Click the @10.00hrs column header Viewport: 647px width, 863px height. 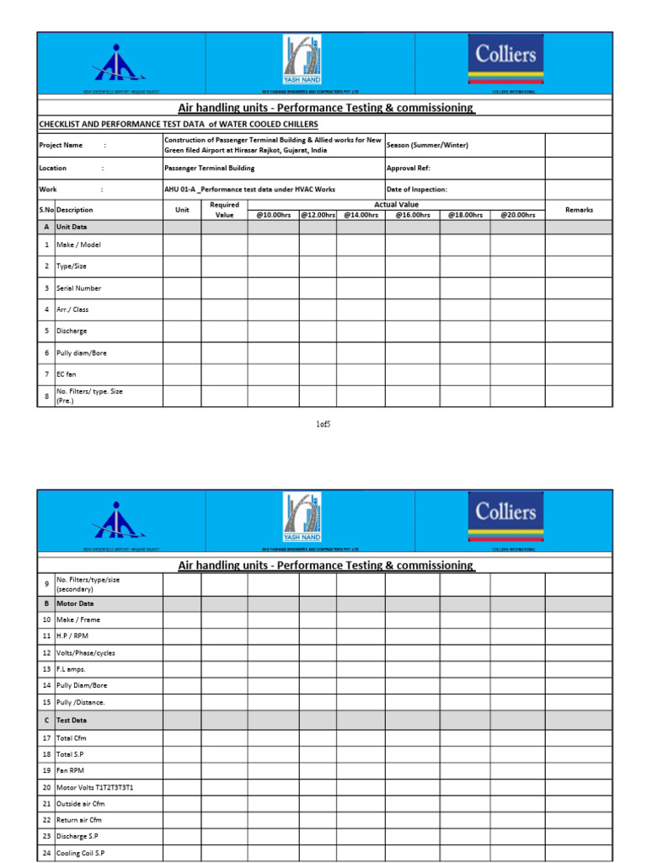coord(273,215)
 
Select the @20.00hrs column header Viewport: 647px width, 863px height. coord(517,215)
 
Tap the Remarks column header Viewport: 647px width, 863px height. coord(579,210)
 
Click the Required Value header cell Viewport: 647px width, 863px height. coord(224,210)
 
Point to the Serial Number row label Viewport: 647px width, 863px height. coord(78,288)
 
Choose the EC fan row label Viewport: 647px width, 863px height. coord(67,373)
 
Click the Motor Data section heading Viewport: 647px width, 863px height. coord(75,603)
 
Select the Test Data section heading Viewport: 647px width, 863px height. coord(72,721)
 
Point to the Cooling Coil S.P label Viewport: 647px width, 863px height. coord(81,853)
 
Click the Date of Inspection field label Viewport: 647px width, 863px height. coord(417,190)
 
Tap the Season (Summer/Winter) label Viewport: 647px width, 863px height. coord(427,145)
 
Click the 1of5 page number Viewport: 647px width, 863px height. coord(323,424)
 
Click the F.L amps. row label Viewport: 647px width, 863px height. coord(72,668)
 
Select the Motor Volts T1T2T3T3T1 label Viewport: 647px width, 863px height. coord(94,787)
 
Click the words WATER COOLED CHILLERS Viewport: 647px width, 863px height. coord(270,124)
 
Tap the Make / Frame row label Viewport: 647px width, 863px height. coord(78,619)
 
